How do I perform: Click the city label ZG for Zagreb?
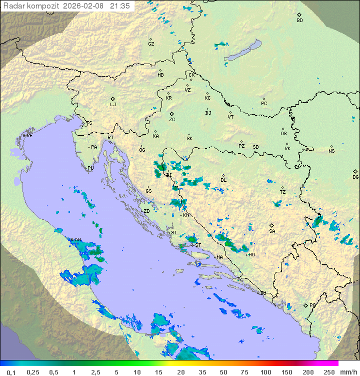(172, 120)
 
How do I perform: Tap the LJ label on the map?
(113, 105)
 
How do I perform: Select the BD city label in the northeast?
(299, 21)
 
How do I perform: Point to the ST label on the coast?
(198, 245)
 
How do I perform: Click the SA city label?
(272, 231)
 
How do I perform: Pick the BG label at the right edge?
(355, 177)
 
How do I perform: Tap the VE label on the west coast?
(29, 136)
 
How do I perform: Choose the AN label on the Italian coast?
(77, 240)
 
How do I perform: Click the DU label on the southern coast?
(262, 293)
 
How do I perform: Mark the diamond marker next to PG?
(305, 305)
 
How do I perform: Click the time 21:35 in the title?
(120, 6)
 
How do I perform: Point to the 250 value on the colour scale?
(329, 372)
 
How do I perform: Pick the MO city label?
(251, 255)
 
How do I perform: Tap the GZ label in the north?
(151, 44)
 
